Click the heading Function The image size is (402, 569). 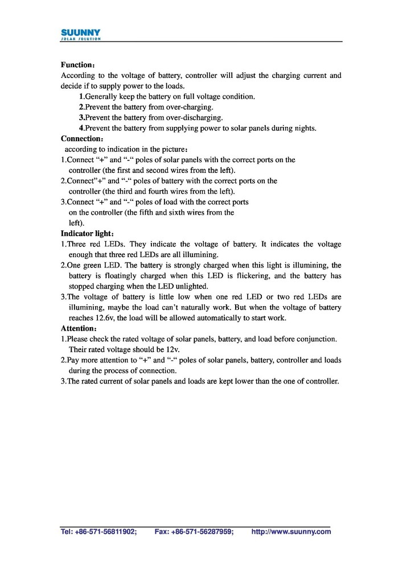point(80,65)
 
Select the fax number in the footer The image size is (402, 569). point(194,531)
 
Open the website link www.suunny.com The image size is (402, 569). point(291,531)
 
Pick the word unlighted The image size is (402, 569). point(192,286)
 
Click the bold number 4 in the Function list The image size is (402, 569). point(81,128)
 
